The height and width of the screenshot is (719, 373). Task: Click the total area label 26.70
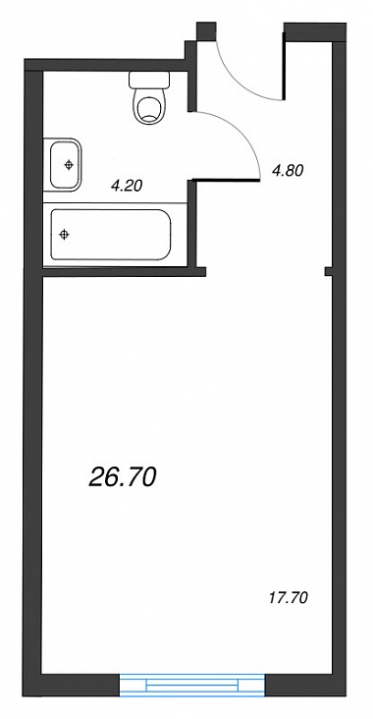coord(123,478)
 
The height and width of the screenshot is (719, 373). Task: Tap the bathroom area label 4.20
coord(128,186)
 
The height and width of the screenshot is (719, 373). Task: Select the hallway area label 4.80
coord(288,171)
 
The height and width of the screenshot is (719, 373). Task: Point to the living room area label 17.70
coord(288,598)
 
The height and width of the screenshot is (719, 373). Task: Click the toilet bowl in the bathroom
coord(149,105)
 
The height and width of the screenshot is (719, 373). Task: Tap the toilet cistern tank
coord(149,80)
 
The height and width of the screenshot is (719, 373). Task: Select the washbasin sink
coord(64,165)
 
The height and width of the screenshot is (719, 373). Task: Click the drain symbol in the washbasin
coord(69,165)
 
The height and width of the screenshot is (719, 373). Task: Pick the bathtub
coord(111,235)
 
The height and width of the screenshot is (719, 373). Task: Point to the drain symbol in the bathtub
coord(65,235)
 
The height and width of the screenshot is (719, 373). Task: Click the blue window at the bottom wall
coord(192,685)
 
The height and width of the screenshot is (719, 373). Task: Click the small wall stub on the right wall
coord(329,271)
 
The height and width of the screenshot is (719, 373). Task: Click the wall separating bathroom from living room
coord(124,273)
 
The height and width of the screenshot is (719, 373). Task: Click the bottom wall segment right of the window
coord(305,685)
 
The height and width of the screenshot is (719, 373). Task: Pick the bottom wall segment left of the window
coord(72,685)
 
